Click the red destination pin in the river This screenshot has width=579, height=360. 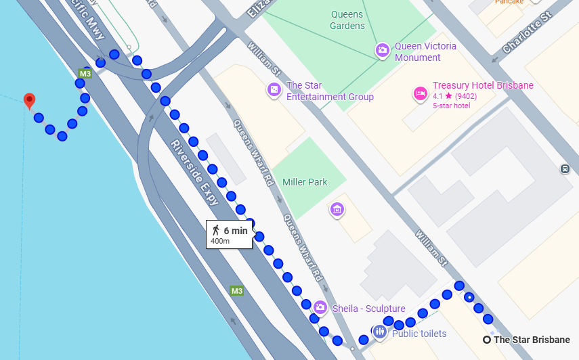pyautogui.click(x=29, y=101)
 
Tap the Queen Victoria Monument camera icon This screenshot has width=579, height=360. pyautogui.click(x=383, y=50)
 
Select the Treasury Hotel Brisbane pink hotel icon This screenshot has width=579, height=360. pyautogui.click(x=420, y=93)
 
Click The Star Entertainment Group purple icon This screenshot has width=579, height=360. pyautogui.click(x=274, y=89)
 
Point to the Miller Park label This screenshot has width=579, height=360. pyautogui.click(x=305, y=182)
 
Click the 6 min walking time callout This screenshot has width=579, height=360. pyautogui.click(x=230, y=234)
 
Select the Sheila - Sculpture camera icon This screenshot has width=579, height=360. pyautogui.click(x=320, y=308)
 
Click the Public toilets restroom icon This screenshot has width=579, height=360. pyautogui.click(x=380, y=332)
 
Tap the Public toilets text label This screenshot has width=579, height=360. pyautogui.click(x=419, y=334)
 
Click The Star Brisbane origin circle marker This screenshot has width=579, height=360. pyautogui.click(x=487, y=340)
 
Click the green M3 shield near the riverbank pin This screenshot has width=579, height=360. pyautogui.click(x=85, y=73)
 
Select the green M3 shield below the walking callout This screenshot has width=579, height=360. pyautogui.click(x=236, y=291)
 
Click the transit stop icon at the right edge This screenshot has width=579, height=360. pyautogui.click(x=565, y=168)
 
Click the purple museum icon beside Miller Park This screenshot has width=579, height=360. pyautogui.click(x=337, y=209)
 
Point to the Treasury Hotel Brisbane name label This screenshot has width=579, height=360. pyautogui.click(x=483, y=85)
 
